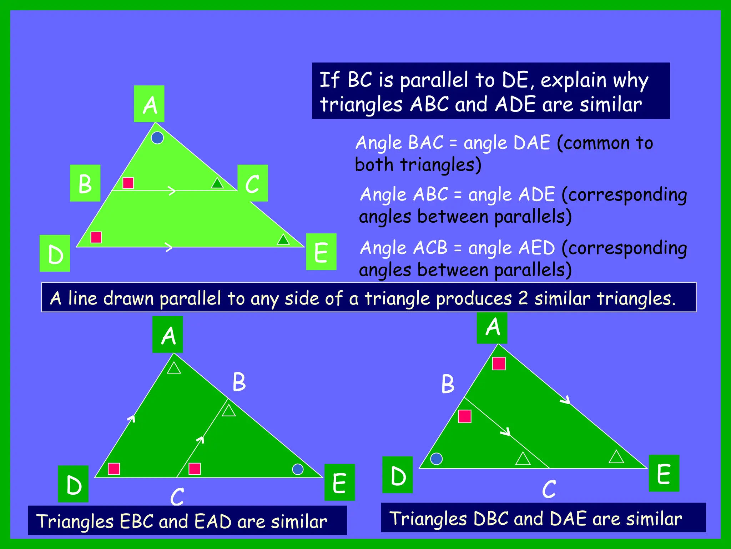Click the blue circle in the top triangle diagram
coord(157,138)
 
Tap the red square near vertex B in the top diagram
coord(128,183)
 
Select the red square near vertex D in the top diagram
coord(96,237)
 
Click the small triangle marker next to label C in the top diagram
coord(217,183)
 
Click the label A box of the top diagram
coord(149,104)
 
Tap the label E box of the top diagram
coord(321,252)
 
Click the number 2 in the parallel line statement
coord(523,298)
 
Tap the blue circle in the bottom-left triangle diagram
coord(298,469)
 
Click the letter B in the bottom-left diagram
coord(239,382)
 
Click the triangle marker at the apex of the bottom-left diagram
coord(174,368)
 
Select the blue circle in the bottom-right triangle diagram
coord(436,459)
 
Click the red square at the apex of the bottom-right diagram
coord(499,364)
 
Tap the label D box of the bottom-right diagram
coord(398,475)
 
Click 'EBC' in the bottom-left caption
coord(137,521)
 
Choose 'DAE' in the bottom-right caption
coord(568,519)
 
